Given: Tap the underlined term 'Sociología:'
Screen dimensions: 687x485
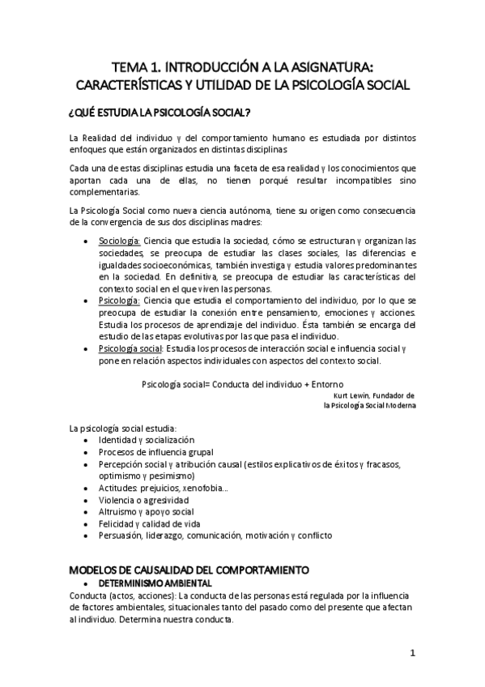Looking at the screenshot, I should point(120,241).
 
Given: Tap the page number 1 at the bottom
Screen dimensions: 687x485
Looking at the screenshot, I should point(412,653).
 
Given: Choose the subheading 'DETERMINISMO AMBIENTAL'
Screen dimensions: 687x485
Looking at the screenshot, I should point(155,583).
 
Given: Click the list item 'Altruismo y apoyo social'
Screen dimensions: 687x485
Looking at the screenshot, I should point(146,512).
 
